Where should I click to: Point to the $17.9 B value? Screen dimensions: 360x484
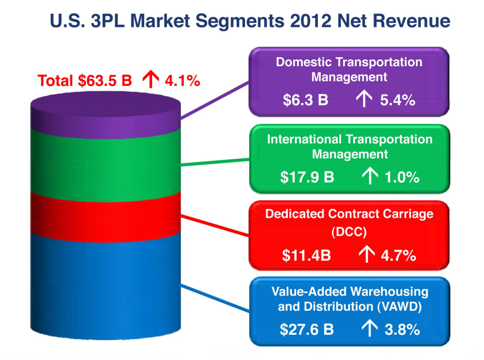click(307, 177)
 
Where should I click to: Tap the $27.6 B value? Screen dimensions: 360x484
click(307, 330)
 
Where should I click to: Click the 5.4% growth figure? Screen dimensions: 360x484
click(398, 100)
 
